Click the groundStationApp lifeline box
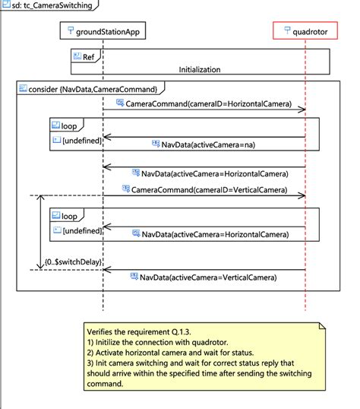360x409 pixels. [x=103, y=31]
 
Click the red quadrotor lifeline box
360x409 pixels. [x=305, y=31]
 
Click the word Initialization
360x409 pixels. [x=200, y=69]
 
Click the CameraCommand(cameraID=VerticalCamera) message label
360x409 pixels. [x=210, y=189]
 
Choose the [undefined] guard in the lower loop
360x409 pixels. [x=81, y=229]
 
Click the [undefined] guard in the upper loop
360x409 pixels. [x=81, y=140]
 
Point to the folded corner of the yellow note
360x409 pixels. [x=321, y=325]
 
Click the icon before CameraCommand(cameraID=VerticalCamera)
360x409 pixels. [x=125, y=189]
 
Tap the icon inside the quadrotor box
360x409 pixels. [x=286, y=31]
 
